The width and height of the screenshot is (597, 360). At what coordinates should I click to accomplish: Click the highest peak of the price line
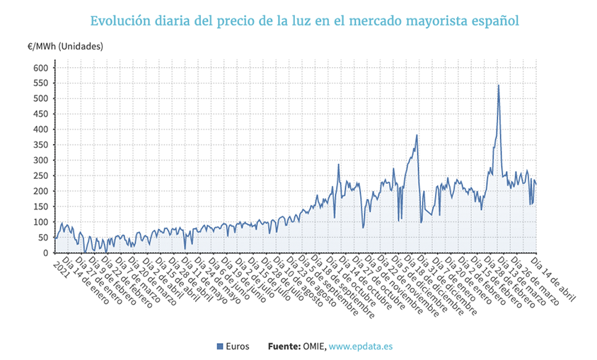click(499, 86)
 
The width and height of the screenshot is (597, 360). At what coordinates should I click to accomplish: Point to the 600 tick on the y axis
click(40, 68)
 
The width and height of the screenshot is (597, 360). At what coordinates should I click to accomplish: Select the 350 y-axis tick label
click(40, 145)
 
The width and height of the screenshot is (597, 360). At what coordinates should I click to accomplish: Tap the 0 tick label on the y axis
click(45, 253)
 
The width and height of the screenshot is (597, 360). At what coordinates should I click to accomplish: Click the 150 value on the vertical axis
click(40, 207)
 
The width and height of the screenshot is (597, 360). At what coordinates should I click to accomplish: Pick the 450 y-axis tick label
click(40, 114)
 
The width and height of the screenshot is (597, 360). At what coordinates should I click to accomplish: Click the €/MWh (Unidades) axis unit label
click(65, 47)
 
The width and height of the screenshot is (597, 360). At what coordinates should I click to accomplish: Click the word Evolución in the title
click(120, 21)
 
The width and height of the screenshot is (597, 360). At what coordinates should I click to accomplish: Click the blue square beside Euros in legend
click(220, 347)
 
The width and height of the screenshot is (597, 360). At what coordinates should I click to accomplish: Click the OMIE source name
click(315, 347)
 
